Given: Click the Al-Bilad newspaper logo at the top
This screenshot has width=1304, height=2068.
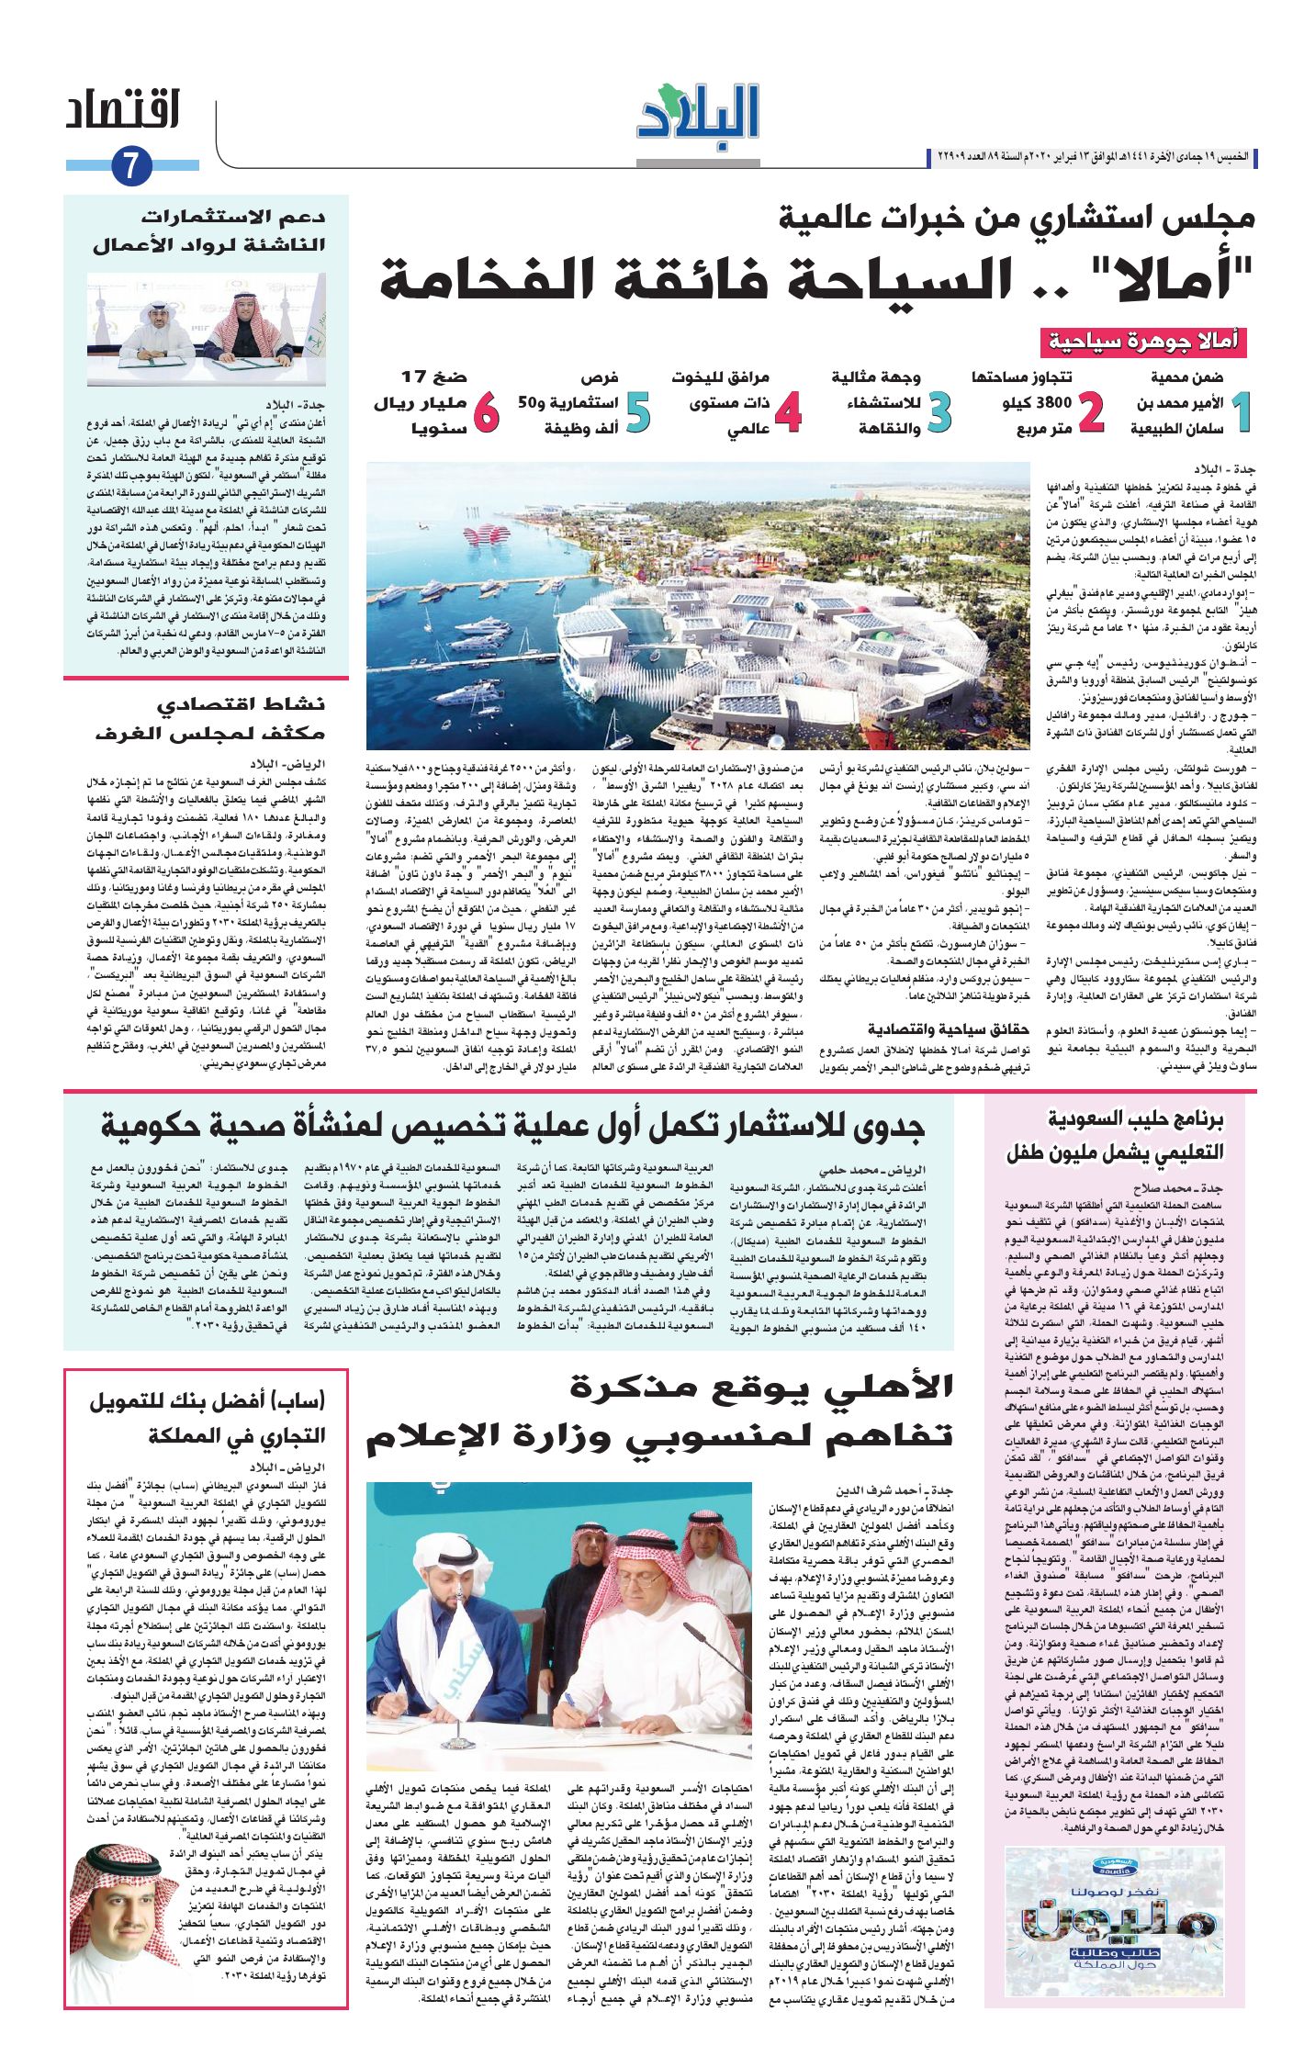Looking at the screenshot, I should click(x=699, y=113).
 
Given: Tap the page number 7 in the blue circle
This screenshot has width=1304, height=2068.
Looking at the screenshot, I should click(x=130, y=167).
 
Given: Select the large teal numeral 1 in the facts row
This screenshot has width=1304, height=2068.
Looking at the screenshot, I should click(x=1241, y=413).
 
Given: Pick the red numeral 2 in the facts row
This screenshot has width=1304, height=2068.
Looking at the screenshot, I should click(x=1090, y=413).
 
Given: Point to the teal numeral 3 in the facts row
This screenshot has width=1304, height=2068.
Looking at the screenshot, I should click(x=939, y=413).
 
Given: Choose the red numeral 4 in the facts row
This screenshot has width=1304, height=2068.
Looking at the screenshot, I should click(x=787, y=413).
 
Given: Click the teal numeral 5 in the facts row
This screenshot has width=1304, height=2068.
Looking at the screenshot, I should click(x=636, y=413).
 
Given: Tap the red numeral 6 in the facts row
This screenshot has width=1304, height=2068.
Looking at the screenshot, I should click(x=485, y=413).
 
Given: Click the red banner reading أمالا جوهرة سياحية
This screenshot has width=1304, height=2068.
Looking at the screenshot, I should click(x=1143, y=343).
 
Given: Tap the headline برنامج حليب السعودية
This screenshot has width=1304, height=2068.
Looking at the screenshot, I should click(x=1115, y=1135).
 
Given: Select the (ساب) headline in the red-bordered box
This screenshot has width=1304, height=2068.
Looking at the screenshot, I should click(x=207, y=1418).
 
